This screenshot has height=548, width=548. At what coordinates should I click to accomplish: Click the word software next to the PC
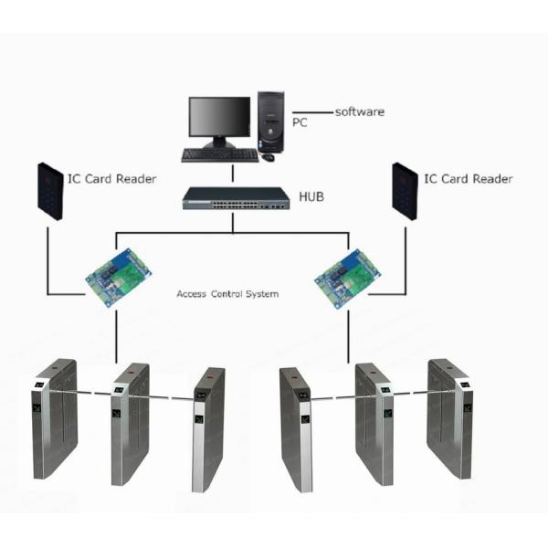coord(359,111)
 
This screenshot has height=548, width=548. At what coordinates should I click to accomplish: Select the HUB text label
coord(313,196)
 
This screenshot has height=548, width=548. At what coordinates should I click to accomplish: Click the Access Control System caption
coord(227,295)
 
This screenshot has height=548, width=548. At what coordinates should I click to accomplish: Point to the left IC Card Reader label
coord(111,179)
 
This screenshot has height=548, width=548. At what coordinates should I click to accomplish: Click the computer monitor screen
coord(219,118)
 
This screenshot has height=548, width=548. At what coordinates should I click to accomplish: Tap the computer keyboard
coord(219,155)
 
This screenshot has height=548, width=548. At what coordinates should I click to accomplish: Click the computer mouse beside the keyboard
coord(269,157)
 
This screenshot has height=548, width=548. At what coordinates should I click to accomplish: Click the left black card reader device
coord(50,189)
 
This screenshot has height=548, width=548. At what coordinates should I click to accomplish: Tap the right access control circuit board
coord(347,276)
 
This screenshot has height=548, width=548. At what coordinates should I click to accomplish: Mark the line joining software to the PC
coord(311,111)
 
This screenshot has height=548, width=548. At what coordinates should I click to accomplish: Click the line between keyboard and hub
coord(233,174)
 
